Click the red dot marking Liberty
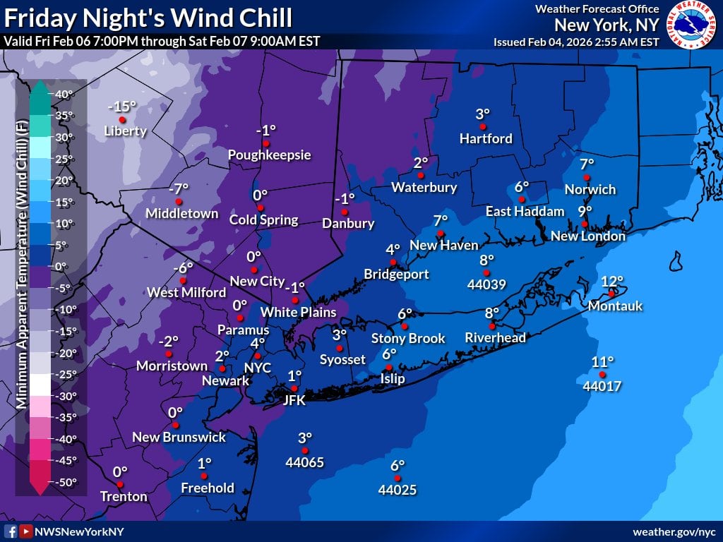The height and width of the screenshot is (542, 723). [x=122, y=120]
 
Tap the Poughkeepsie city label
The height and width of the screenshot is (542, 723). [x=269, y=155]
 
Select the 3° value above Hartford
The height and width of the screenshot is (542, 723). [x=482, y=114]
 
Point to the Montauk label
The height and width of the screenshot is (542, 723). [x=615, y=306]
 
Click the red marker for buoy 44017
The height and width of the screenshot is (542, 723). [x=602, y=374]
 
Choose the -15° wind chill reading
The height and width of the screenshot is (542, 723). [x=121, y=107]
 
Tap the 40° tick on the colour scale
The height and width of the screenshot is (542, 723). [x=63, y=94]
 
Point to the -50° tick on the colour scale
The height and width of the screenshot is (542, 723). [x=63, y=482]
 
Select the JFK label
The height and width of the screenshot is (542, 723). [x=294, y=400]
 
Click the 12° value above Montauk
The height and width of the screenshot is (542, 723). [x=612, y=281]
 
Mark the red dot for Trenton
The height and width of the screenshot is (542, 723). [x=120, y=484]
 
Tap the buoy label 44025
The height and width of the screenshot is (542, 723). [x=397, y=489]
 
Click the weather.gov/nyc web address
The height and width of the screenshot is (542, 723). [x=675, y=531]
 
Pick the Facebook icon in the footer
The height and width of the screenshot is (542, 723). [x=11, y=531]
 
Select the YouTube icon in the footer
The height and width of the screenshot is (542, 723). [x=25, y=531]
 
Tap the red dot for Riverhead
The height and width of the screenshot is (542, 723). [x=491, y=325]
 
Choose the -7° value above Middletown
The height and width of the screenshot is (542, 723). [x=179, y=189]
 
